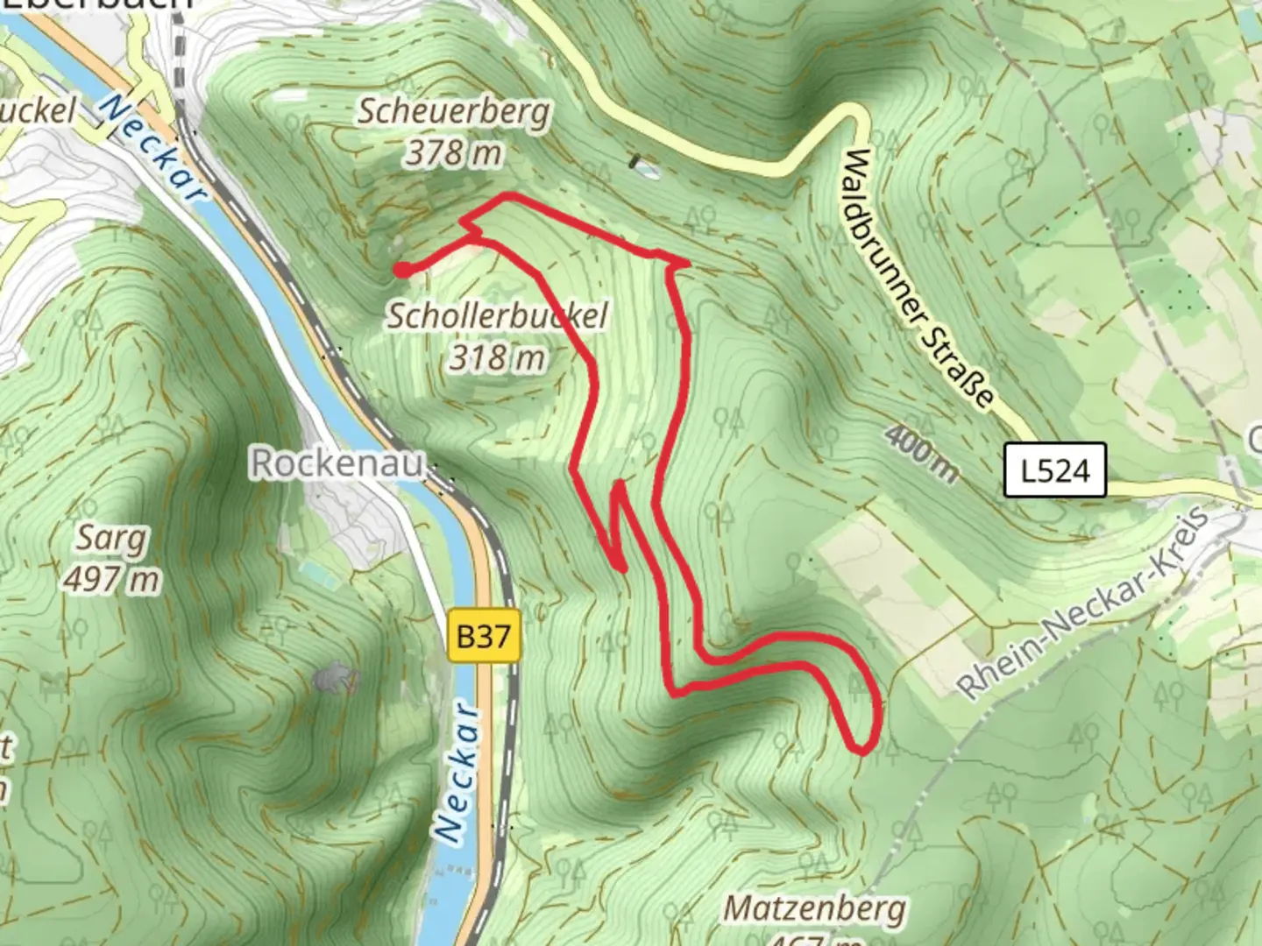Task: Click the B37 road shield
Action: pos(484,636)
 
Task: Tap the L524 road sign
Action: pos(1055,470)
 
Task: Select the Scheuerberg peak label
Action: pos(454,111)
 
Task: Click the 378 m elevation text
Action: pos(453,153)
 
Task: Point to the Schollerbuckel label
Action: pos(497,315)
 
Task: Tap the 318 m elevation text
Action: pos(497,357)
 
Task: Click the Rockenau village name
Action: pos(337,462)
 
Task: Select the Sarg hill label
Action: pos(111,538)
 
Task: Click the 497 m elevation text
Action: pos(111,579)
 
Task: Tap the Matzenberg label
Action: pos(814,909)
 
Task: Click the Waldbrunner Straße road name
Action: pos(918,279)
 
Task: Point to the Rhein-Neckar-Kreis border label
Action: pos(1084,603)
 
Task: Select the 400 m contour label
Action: pos(920,453)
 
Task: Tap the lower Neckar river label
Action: pos(457,772)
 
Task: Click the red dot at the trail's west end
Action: pos(401,271)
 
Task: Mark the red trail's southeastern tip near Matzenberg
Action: pos(862,750)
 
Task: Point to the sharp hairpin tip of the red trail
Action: pos(619,484)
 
